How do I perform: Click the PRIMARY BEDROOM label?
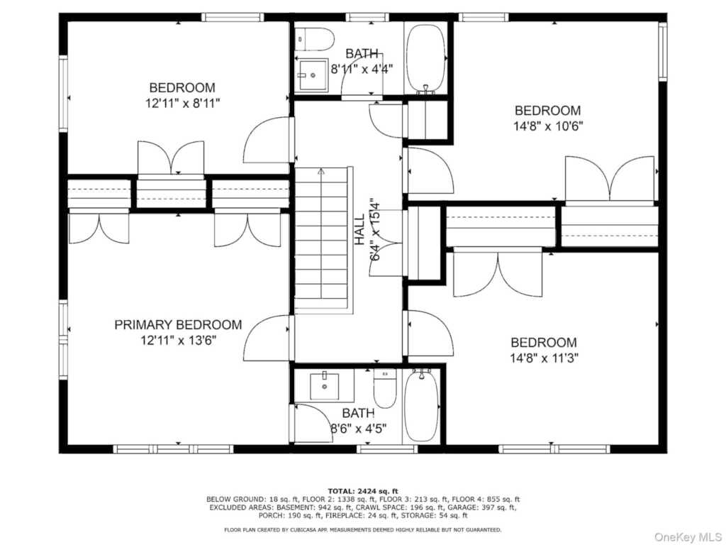pyautogui.click(x=178, y=325)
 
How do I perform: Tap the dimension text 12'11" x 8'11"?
pyautogui.click(x=182, y=103)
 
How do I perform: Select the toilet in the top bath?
pyautogui.click(x=315, y=40)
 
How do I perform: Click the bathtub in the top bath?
pyautogui.click(x=425, y=59)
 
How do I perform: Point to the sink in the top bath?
pyautogui.click(x=312, y=75)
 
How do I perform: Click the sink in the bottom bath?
pyautogui.click(x=324, y=385)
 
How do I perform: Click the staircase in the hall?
pyautogui.click(x=321, y=238)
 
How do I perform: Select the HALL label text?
pyautogui.click(x=359, y=230)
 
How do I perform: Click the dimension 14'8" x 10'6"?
pyautogui.click(x=548, y=126)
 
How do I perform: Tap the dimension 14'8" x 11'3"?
pyautogui.click(x=544, y=358)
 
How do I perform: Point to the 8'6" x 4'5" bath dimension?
pyautogui.click(x=358, y=428)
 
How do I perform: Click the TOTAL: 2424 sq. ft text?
pyautogui.click(x=363, y=491)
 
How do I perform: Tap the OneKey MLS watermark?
pyautogui.click(x=687, y=536)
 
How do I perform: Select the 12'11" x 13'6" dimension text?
pyautogui.click(x=179, y=341)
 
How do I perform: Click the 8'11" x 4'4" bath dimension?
pyautogui.click(x=362, y=69)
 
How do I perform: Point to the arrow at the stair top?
pyautogui.click(x=321, y=171)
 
